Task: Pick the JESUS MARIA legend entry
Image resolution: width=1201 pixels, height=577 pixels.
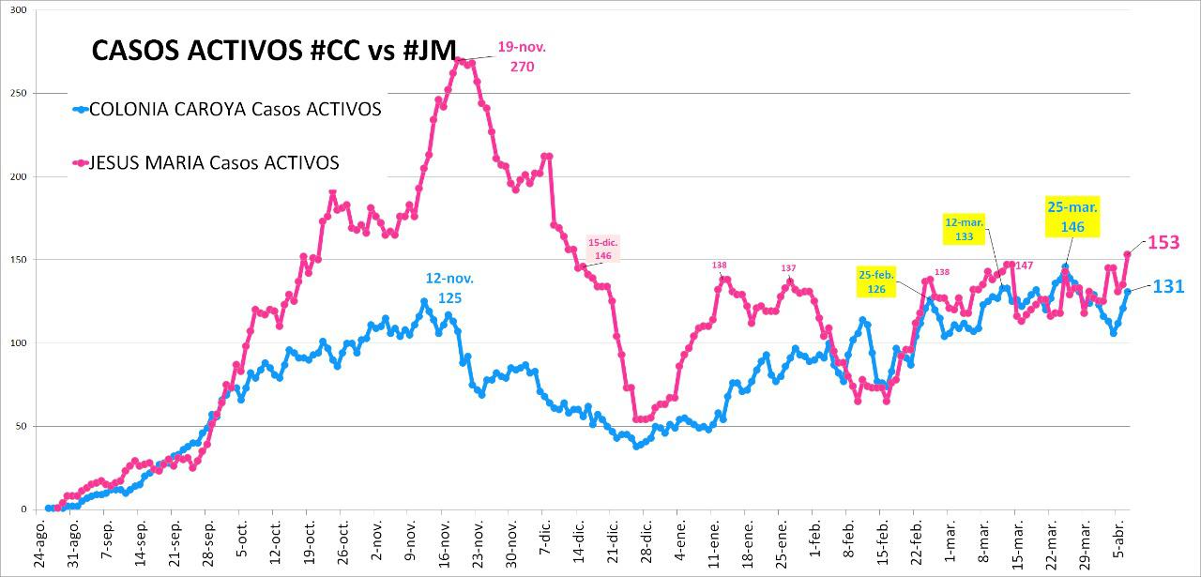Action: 213,162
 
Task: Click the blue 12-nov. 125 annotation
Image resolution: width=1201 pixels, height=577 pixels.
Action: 449,287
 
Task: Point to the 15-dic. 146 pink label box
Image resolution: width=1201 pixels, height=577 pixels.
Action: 603,249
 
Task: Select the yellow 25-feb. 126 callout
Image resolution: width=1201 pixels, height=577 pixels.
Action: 876,281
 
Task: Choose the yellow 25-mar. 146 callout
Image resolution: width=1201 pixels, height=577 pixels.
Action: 1072,216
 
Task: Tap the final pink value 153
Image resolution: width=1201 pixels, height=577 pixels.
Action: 1163,243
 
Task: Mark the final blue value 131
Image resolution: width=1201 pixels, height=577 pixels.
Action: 1168,286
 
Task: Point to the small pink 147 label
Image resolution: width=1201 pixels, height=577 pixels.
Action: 1024,266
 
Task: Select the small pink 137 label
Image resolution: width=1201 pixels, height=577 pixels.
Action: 788,268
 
